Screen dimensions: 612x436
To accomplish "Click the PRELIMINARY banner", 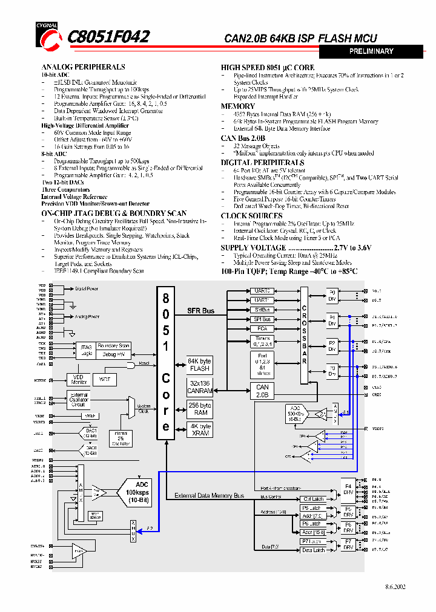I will click(371, 52).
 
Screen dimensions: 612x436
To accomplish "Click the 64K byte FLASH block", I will click(199, 365).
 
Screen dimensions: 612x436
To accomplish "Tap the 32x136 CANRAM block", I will click(199, 387).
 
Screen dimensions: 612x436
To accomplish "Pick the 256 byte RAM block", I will click(200, 409).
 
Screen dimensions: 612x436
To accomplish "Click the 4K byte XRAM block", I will click(200, 430).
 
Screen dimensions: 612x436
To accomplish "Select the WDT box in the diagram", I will click(105, 379).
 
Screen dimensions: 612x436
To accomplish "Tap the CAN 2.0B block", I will click(262, 391).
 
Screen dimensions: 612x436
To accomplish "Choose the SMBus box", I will click(262, 310).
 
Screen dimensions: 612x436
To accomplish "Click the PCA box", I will click(262, 328).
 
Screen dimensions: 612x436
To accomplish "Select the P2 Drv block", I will click(332, 346).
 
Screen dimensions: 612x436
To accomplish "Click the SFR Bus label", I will click(200, 311).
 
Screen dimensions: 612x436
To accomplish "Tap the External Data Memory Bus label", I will click(209, 496).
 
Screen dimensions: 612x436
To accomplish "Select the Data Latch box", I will click(314, 550).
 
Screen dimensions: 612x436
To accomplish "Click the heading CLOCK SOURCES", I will click(251, 215).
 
